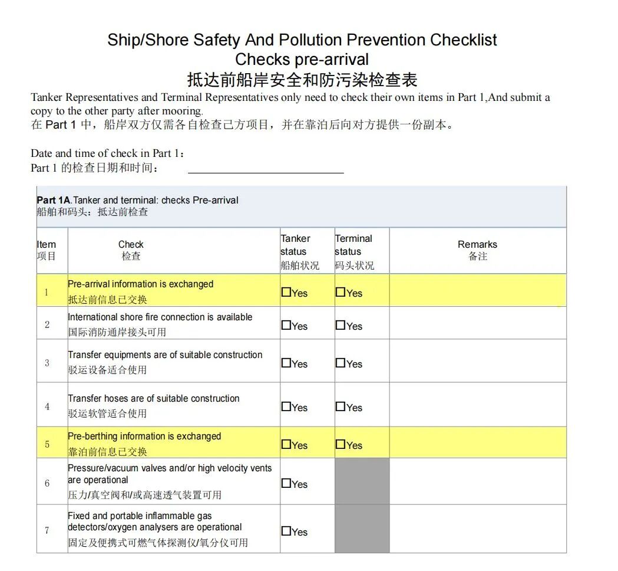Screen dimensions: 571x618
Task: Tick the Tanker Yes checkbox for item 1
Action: pos(286,292)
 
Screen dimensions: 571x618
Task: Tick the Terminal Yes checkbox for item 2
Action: pos(341,325)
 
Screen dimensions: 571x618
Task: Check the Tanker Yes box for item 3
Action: pos(286,363)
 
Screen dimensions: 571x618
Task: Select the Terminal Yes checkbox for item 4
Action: pos(341,406)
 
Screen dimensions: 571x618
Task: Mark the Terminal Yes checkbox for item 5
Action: pos(341,444)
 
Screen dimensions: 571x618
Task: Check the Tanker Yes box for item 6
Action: pos(286,483)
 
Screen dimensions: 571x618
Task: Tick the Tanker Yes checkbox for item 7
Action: pos(286,531)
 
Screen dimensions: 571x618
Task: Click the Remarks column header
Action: pos(477,250)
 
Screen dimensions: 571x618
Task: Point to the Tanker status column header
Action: pos(299,251)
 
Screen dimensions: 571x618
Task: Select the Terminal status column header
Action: pos(354,251)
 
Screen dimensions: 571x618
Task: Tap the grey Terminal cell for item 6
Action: pos(362,481)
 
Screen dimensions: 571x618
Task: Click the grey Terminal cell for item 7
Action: pos(362,529)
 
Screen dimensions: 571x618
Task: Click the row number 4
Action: pos(47,407)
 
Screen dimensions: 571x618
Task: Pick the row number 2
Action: pos(47,325)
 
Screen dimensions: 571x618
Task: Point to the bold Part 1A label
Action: pos(54,201)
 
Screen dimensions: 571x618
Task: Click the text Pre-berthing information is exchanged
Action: pos(144,437)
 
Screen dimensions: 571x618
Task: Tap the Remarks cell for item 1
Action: pos(477,290)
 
